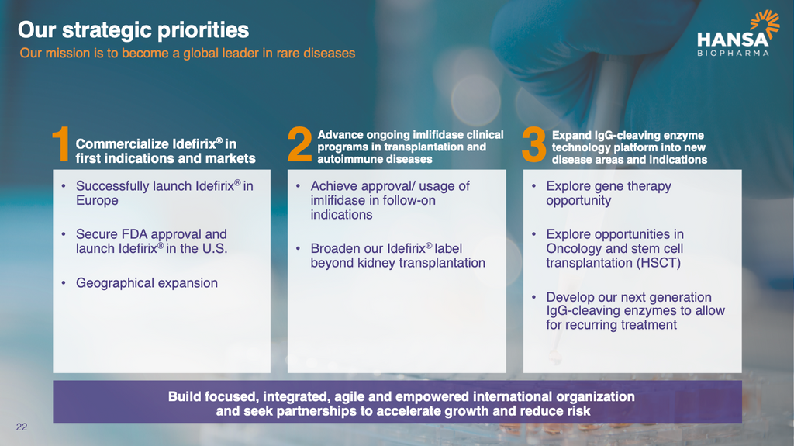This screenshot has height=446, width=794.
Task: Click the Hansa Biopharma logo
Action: [738, 33]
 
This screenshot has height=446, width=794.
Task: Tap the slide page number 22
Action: [22, 427]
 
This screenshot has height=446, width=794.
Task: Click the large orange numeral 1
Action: [61, 144]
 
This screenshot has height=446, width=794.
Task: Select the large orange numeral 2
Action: [300, 144]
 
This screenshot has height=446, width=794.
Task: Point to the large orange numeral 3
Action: [534, 144]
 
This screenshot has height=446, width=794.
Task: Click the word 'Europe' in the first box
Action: [97, 201]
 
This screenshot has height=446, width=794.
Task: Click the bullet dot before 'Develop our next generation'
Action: [533, 298]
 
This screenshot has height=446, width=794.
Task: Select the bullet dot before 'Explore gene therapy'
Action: [533, 186]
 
